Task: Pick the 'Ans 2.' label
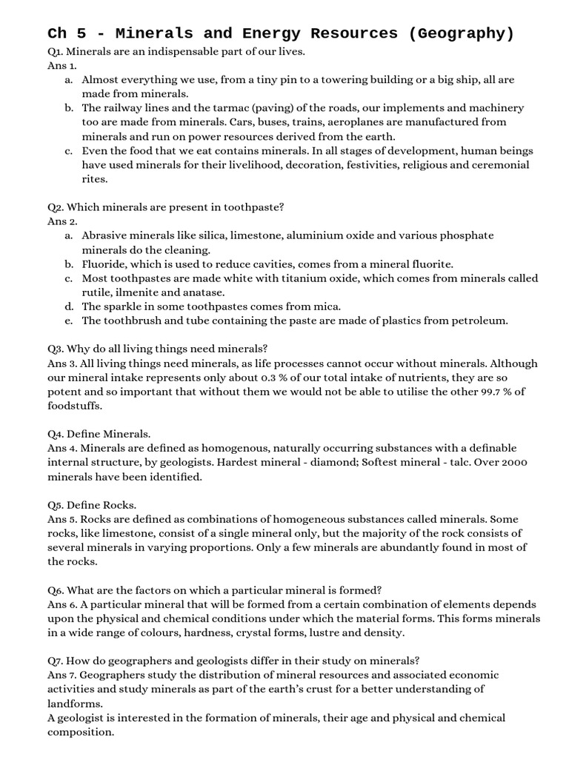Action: coord(62,221)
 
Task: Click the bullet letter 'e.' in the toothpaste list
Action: coord(68,321)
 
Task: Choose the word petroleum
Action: coord(480,321)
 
